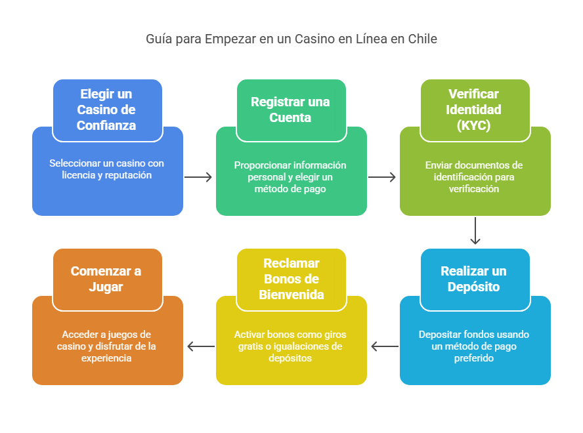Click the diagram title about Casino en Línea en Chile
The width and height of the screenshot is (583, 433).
(x=291, y=39)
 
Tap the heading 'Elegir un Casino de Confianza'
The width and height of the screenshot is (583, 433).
(x=107, y=110)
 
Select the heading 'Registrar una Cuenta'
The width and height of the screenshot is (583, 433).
(x=290, y=110)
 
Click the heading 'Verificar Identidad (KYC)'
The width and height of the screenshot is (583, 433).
(x=474, y=110)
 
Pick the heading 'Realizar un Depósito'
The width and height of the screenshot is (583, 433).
(x=474, y=279)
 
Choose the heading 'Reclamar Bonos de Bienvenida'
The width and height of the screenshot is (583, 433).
(x=291, y=279)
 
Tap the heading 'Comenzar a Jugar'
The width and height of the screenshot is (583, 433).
(x=106, y=279)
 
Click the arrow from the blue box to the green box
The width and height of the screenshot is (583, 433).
(x=199, y=177)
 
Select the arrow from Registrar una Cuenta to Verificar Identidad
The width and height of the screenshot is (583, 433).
(x=383, y=177)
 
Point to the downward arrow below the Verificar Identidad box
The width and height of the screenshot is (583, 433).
(x=475, y=232)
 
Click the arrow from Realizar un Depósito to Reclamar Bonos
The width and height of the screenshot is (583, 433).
(x=384, y=346)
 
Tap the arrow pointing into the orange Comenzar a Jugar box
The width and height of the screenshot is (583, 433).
(x=200, y=346)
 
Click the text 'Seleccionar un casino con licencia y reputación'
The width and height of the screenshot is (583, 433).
(x=106, y=169)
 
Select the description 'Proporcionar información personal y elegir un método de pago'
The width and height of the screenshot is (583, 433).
(x=290, y=176)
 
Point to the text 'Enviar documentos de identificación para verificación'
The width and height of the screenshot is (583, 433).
(x=474, y=176)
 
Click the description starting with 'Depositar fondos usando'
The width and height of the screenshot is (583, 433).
(x=474, y=346)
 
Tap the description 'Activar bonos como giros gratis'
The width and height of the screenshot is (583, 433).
(x=290, y=346)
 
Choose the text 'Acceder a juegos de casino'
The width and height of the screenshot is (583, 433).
(x=106, y=346)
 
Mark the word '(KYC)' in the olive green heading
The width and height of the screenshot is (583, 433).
(x=474, y=125)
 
